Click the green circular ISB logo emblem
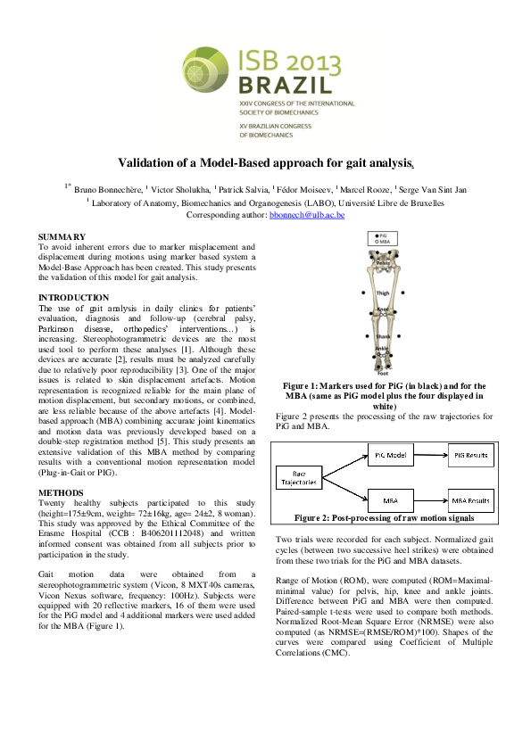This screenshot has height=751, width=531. pos(208,69)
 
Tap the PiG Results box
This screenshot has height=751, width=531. pos(470,456)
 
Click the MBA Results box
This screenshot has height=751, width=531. pos(470,501)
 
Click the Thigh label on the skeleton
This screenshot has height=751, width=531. pos(382,293)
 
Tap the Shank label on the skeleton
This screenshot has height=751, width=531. pos(382,336)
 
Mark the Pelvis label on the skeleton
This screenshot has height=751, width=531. pos(382,264)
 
